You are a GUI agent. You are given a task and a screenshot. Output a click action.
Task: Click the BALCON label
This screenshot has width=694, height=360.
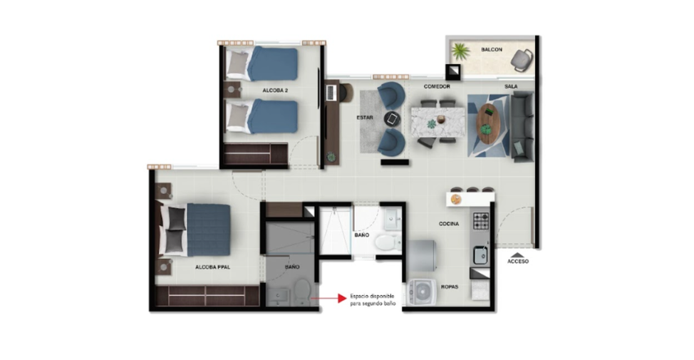coord(492,50)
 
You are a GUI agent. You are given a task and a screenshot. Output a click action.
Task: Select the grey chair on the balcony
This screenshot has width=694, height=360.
coord(522,60)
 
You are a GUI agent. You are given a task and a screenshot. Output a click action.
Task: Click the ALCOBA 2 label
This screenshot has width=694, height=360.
coord(275,91)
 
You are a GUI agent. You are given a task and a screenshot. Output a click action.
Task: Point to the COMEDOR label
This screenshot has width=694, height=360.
coord(437,86)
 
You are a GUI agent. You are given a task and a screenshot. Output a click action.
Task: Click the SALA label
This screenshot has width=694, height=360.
coord(511,86)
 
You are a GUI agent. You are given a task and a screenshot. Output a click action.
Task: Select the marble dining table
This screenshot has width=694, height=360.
coord(437,122)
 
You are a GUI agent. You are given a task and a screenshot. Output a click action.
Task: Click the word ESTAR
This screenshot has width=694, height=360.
coord(365,118)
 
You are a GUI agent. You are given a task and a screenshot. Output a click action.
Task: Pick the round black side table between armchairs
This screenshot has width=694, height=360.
coord(392,118)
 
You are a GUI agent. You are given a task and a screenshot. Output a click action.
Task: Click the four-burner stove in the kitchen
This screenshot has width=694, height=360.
coord(481,220)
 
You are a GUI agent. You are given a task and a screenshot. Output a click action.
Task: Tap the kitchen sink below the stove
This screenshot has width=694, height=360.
coord(480,255)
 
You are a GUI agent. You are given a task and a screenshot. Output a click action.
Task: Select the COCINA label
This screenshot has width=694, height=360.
coord(449,224)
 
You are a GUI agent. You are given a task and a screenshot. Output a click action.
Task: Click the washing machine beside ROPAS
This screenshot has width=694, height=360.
coord(423,292)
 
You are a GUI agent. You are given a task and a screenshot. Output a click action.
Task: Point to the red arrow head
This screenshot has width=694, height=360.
coord(342,299)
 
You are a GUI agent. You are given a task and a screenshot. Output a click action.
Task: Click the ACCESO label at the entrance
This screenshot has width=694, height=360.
coord(518,261)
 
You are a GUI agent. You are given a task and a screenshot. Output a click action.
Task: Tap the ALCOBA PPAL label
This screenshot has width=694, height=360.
coord(213,267)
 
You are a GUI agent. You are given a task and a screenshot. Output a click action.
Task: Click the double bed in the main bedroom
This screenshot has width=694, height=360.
coord(195,230)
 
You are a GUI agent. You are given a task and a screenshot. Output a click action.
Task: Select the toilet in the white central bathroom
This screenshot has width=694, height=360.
coord(386,242)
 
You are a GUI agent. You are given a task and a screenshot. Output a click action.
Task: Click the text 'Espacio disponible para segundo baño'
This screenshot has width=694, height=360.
coord(372,300)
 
